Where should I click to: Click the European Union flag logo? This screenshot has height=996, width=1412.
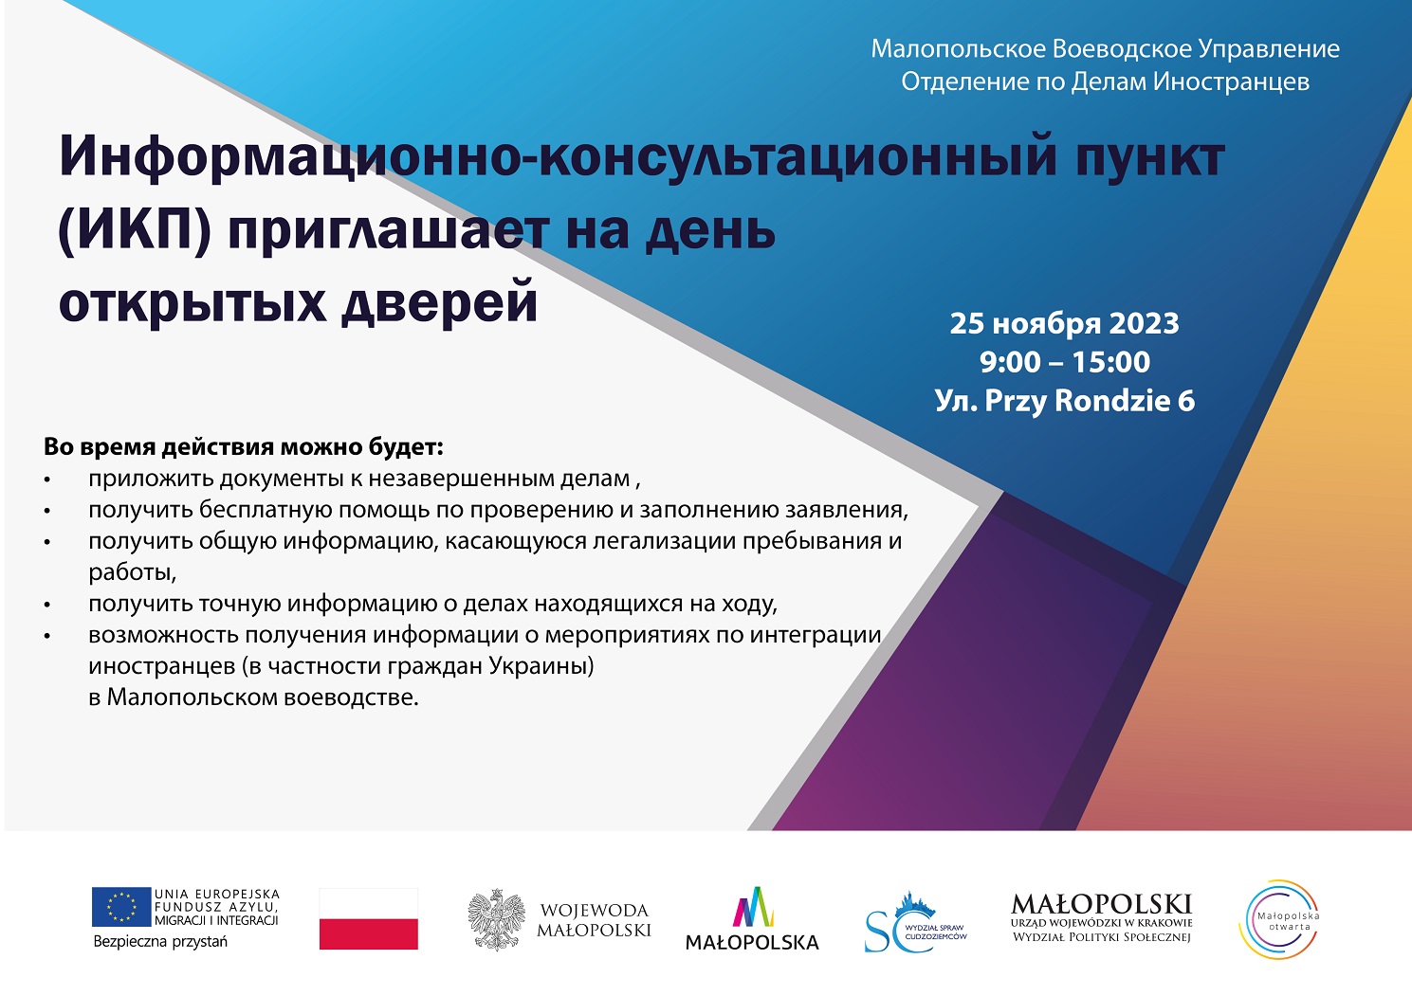pyautogui.click(x=121, y=907)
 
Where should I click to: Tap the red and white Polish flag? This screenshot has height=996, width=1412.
pyautogui.click(x=369, y=918)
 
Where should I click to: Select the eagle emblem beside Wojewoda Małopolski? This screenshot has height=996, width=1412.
pyautogui.click(x=497, y=920)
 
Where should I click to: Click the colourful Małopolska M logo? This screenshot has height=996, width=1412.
pyautogui.click(x=753, y=907)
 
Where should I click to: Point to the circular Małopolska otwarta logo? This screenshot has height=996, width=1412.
pyautogui.click(x=1279, y=920)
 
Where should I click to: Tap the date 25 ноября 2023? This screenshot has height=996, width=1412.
pyautogui.click(x=1064, y=324)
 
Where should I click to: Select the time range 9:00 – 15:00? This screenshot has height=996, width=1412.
pyautogui.click(x=1065, y=362)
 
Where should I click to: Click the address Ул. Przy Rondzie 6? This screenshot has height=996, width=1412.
pyautogui.click(x=1065, y=401)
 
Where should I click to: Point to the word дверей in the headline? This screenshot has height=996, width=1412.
pyautogui.click(x=439, y=302)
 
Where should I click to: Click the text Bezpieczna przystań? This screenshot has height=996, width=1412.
pyautogui.click(x=160, y=942)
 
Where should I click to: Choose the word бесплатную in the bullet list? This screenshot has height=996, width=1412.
pyautogui.click(x=266, y=510)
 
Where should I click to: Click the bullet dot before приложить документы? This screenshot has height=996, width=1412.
pyautogui.click(x=47, y=480)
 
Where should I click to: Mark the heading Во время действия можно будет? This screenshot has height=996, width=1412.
pyautogui.click(x=244, y=447)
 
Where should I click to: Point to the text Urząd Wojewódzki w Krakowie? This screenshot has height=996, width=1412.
pyautogui.click(x=1101, y=923)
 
